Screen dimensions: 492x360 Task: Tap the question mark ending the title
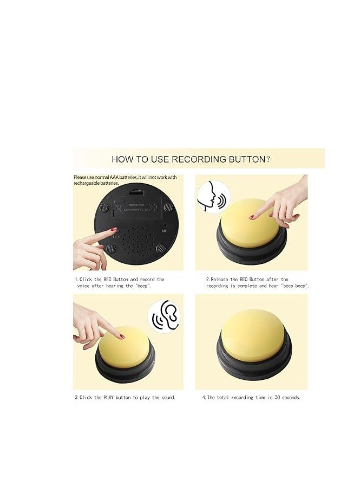tap(269, 159)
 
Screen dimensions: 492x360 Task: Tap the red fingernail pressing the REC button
tap(114, 230)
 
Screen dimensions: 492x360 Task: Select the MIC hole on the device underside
tap(164, 230)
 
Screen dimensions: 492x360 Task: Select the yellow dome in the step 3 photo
tap(123, 347)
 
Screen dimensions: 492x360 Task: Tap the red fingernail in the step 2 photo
tap(252, 217)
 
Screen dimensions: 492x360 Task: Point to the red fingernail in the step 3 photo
tap(122, 337)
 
